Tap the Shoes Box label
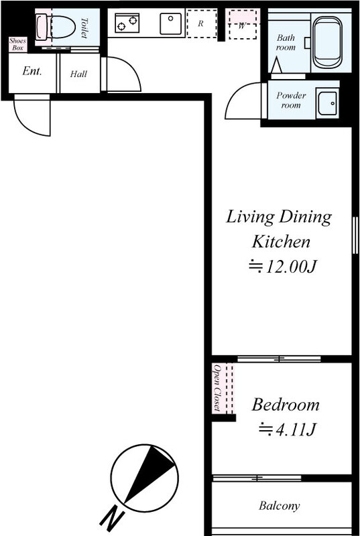18,44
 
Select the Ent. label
32,71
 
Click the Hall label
78,74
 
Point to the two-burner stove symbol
127,23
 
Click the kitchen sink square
170,23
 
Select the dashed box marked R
202,23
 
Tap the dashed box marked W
243,24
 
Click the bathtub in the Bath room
328,42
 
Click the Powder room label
291,100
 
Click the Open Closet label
217,388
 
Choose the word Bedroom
286,405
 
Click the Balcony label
280,506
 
